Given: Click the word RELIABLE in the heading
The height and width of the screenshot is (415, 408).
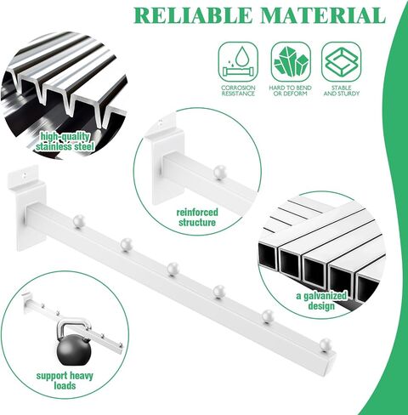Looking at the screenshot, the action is (193, 15).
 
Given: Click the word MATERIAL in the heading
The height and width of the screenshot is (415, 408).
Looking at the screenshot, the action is (323, 15).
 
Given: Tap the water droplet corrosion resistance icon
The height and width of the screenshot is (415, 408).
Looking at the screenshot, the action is (238, 62).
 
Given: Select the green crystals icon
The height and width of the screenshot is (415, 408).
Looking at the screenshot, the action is (291, 62).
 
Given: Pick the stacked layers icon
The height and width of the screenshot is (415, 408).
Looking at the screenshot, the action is (342, 62).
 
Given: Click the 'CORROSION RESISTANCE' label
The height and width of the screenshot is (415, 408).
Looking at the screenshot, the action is (238, 91).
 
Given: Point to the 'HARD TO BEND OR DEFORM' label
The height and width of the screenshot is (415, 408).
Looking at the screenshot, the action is (291, 91).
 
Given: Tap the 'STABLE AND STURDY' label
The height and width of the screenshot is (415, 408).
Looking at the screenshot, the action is (342, 91).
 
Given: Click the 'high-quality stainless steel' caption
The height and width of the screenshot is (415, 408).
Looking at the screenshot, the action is (65, 142).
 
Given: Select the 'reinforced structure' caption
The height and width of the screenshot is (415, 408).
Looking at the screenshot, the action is (197, 218).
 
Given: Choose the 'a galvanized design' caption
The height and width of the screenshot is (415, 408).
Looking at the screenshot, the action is (321, 301).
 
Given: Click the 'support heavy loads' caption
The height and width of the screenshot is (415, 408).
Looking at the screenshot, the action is (65, 381).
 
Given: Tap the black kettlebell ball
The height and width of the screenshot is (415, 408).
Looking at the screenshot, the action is (74, 350).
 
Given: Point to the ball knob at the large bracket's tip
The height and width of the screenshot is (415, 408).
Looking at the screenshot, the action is (326, 344).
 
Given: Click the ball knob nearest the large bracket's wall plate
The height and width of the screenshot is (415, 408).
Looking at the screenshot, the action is (79, 221).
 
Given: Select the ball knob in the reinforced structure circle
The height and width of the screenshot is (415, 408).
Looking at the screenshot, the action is (219, 172).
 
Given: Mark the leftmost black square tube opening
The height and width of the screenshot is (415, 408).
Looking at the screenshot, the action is (268, 257).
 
